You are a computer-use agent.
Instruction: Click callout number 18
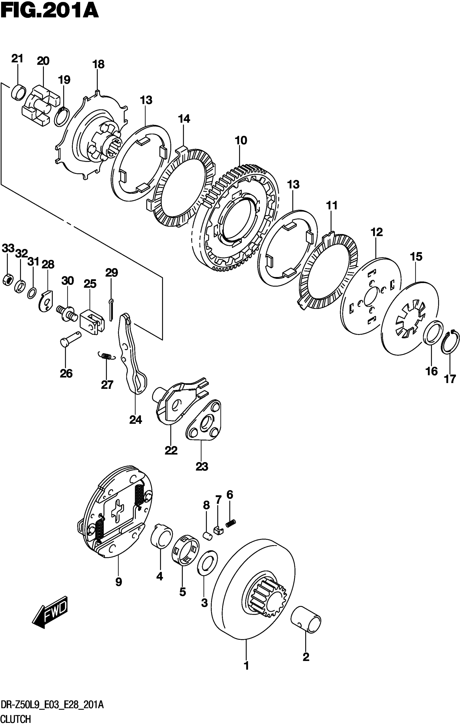[98, 64]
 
